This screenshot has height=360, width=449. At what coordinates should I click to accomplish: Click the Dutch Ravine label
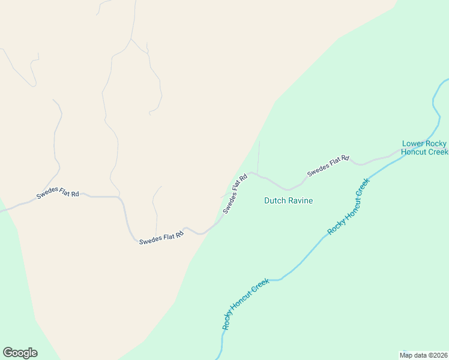(x=288, y=200)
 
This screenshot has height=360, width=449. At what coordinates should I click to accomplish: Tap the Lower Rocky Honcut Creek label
(x=424, y=148)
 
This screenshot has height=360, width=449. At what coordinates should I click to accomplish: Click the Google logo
(x=20, y=353)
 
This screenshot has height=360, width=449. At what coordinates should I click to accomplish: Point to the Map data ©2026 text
(x=423, y=355)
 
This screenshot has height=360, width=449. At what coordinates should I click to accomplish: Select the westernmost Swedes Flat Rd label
(x=58, y=194)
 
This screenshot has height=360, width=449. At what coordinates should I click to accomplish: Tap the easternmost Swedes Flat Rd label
(x=328, y=166)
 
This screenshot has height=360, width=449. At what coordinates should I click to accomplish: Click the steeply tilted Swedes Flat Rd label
(x=235, y=194)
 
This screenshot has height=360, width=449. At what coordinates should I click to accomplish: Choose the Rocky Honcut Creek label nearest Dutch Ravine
(x=348, y=207)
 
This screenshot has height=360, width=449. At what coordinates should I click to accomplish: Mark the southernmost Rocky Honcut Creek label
(x=245, y=304)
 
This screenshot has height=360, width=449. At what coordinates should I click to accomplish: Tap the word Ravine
(x=300, y=200)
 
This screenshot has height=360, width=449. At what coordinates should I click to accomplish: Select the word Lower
(x=412, y=143)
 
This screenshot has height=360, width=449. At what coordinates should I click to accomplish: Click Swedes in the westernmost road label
(x=47, y=196)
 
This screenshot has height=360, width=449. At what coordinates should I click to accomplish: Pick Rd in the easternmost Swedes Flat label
(x=345, y=159)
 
